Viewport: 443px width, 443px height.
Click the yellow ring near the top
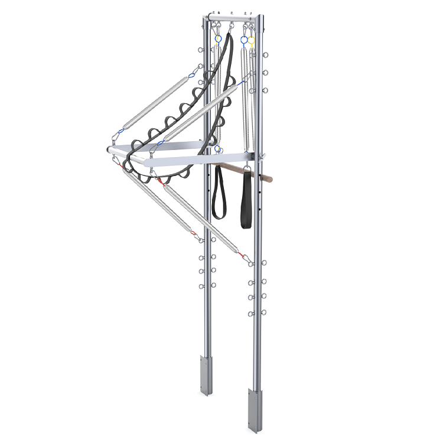(252, 41)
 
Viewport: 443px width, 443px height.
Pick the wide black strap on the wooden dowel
(246, 201)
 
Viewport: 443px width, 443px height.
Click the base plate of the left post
(207, 376)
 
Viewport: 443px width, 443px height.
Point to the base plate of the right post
(255, 410)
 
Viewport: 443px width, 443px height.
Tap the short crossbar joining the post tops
(232, 19)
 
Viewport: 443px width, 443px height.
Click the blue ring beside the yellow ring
(244, 40)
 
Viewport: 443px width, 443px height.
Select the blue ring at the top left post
(218, 39)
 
